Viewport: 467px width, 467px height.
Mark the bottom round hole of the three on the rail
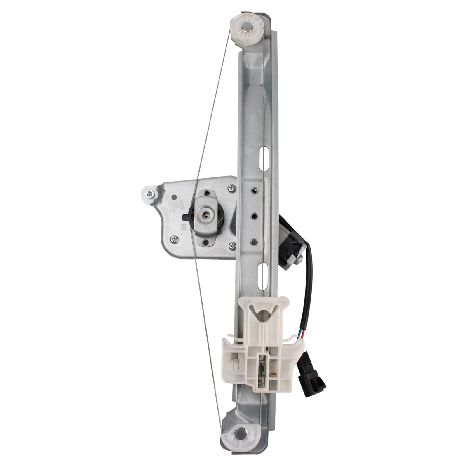point(254,242)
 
